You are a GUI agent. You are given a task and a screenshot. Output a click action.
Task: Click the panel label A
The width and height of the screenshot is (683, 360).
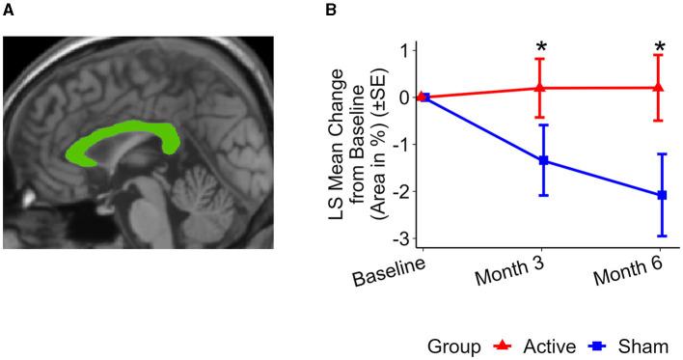(x=9, y=11)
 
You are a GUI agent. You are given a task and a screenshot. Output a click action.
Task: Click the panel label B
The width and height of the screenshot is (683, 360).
(x=331, y=11)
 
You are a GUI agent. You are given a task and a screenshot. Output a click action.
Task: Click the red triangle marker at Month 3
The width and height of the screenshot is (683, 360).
(x=540, y=88)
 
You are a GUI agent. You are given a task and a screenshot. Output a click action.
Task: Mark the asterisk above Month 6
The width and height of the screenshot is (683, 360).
(x=660, y=48)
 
